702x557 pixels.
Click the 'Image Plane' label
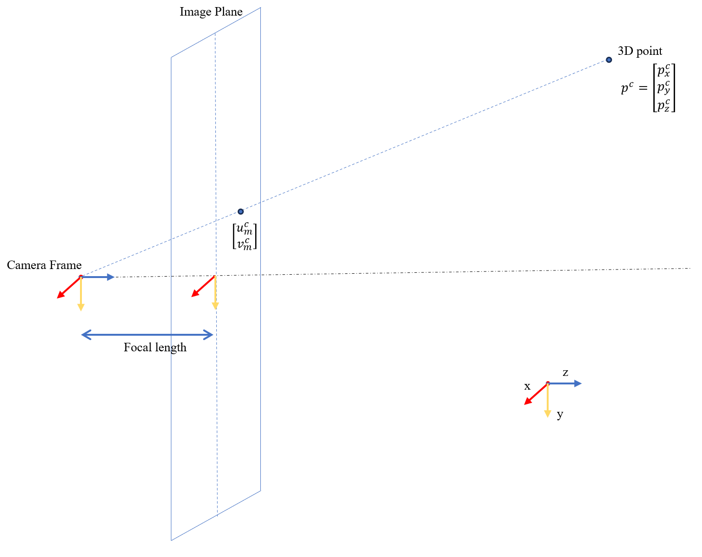(211, 12)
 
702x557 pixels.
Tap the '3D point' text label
(640, 51)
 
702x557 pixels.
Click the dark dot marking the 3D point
(609, 60)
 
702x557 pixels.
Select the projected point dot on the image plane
(240, 211)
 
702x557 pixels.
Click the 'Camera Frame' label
(44, 265)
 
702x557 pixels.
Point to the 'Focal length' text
(155, 348)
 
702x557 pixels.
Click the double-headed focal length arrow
(147, 335)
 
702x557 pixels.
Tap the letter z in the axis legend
(565, 373)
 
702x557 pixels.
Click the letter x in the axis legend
(527, 386)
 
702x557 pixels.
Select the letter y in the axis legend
(560, 415)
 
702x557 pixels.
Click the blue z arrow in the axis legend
(566, 383)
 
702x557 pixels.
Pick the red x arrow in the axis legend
(535, 394)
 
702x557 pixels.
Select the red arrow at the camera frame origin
(68, 288)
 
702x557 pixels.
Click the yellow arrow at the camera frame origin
(81, 295)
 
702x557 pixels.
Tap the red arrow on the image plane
(203, 287)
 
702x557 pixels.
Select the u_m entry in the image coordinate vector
(244, 229)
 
